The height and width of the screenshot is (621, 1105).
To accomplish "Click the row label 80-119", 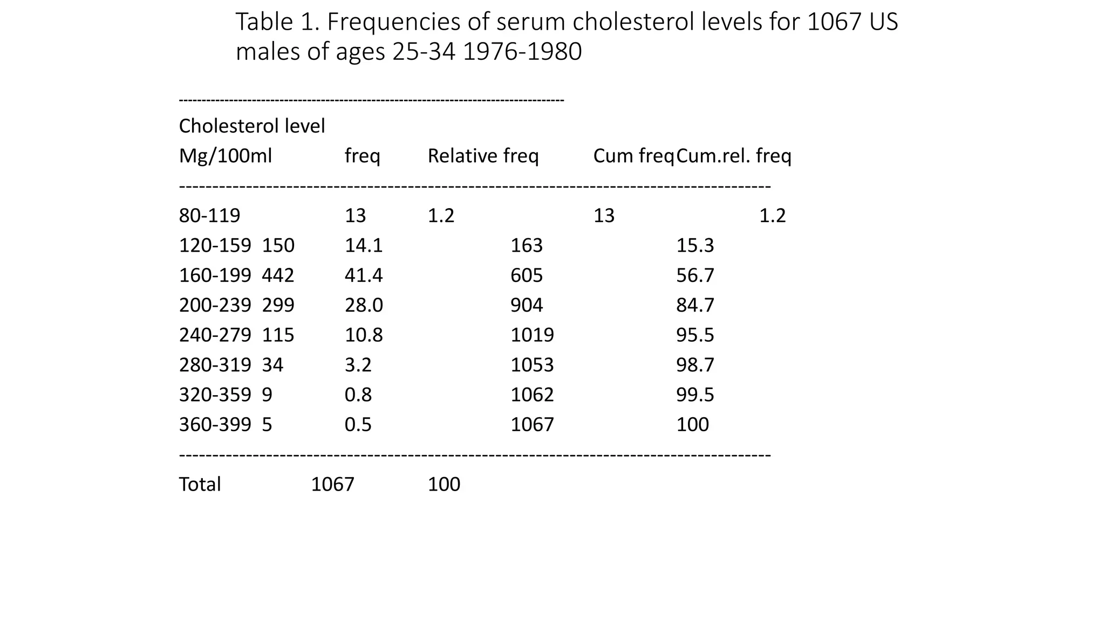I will tap(209, 216).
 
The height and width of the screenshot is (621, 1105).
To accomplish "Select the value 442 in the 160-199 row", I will tap(278, 275).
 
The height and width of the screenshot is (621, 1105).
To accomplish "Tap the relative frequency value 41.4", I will tap(364, 275).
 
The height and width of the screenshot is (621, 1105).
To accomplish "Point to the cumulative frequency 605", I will tap(527, 275).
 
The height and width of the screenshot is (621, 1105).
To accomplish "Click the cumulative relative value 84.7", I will tap(695, 305).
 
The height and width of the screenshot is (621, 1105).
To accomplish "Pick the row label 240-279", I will tap(215, 335).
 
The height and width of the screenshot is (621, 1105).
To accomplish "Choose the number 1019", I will tap(532, 335).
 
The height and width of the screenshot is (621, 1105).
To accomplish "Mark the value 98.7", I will tap(695, 365).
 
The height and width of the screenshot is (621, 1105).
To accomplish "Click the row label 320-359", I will tap(215, 395).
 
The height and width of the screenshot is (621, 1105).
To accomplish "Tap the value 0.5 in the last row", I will tap(358, 425).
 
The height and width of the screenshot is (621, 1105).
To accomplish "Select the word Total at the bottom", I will tap(200, 485).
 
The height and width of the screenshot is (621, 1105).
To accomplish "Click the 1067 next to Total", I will tap(332, 485).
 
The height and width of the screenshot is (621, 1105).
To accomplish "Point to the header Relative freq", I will tap(483, 156).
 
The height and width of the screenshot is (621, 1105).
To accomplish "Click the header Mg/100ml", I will tap(226, 156).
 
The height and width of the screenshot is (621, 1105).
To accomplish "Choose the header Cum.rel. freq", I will tap(734, 156).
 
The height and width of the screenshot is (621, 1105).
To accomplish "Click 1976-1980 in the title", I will tap(522, 52).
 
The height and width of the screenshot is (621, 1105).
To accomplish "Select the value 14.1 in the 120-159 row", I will tap(364, 246).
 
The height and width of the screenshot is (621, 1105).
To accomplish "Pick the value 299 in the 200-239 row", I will tap(278, 305).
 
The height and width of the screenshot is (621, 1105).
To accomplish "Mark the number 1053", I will tap(532, 365).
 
